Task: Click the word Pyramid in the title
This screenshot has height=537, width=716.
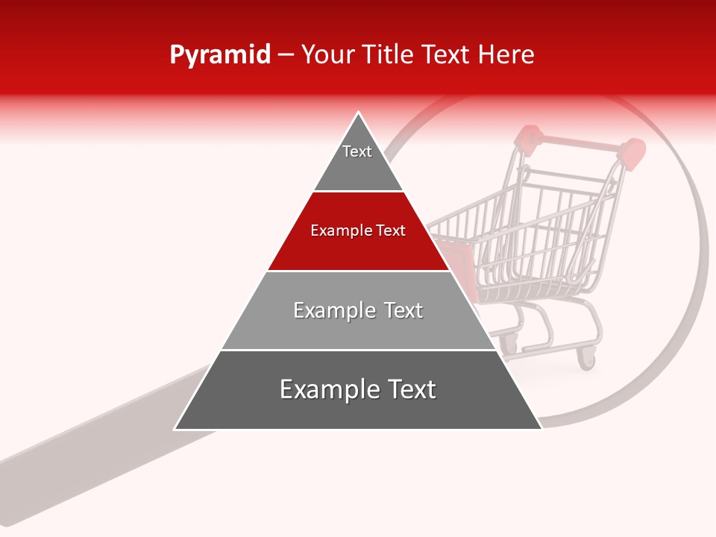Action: (219, 55)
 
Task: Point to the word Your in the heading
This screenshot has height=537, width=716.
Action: (327, 54)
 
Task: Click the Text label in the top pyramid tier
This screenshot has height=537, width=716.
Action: (357, 151)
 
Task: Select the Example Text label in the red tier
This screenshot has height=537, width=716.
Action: (358, 230)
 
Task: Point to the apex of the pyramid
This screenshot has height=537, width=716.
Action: (359, 113)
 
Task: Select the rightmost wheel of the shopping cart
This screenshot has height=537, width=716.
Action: (588, 359)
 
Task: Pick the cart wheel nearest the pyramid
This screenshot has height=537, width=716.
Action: (509, 342)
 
